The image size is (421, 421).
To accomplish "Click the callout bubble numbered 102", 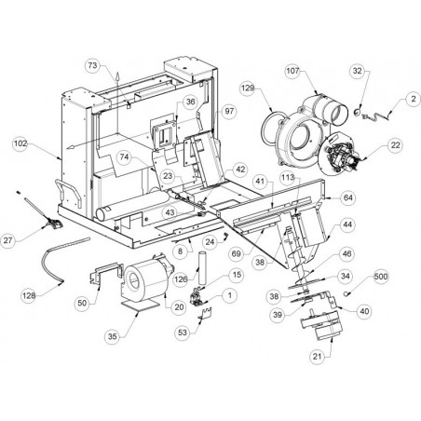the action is [x=20, y=143].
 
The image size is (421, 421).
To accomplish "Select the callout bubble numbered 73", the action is [x=93, y=65].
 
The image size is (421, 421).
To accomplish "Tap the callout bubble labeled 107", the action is [x=292, y=71].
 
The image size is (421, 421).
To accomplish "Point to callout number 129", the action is [x=248, y=88].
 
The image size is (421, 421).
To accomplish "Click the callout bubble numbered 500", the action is [x=381, y=277].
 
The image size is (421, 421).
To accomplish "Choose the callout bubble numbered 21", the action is [x=318, y=357].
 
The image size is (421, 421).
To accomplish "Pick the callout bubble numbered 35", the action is [x=113, y=336].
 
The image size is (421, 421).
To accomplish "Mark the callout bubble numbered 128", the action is [x=29, y=295].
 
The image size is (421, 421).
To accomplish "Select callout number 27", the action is [x=8, y=240].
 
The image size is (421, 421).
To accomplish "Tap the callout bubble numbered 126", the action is [x=181, y=279].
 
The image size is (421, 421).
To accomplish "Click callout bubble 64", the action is [x=348, y=197].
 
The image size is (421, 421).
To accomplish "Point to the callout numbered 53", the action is [x=183, y=333].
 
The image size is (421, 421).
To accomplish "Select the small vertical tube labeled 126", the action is [x=202, y=267].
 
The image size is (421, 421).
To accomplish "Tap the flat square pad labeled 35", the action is [x=138, y=305].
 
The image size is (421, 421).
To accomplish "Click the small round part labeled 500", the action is [x=346, y=293].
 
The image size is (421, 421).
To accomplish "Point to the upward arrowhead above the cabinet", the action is [x=117, y=75].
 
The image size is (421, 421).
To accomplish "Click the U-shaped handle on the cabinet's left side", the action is [x=69, y=193].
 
